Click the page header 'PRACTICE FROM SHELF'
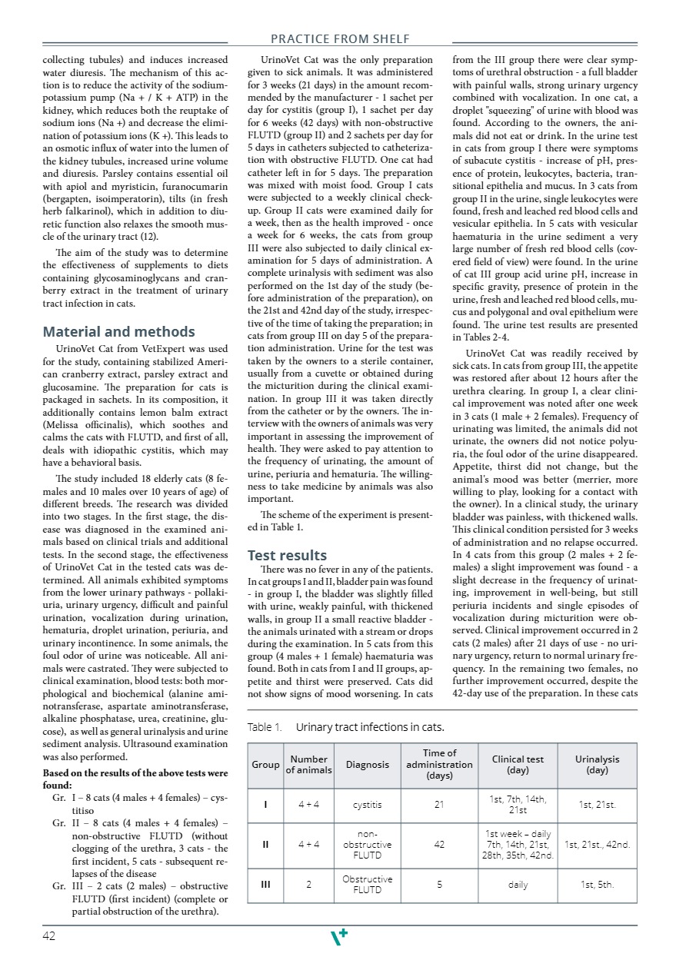coord(340,38)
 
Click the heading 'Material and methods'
coord(118,332)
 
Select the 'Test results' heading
coord(287,555)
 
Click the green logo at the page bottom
coord(338,936)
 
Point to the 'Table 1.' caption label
coord(265,726)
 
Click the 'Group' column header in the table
coord(265,765)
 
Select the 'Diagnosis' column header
coord(367,765)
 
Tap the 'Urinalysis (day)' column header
coord(597,764)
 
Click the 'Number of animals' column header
coord(308,765)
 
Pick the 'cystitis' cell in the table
coord(367,805)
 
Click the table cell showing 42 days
coord(439,844)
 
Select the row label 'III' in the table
coord(265,885)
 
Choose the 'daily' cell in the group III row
coord(518,885)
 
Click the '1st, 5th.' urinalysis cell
coord(597,885)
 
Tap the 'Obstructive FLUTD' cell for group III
coord(367,885)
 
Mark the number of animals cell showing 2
coord(308,885)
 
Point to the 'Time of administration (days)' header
coord(439,764)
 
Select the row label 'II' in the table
coord(265,844)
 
